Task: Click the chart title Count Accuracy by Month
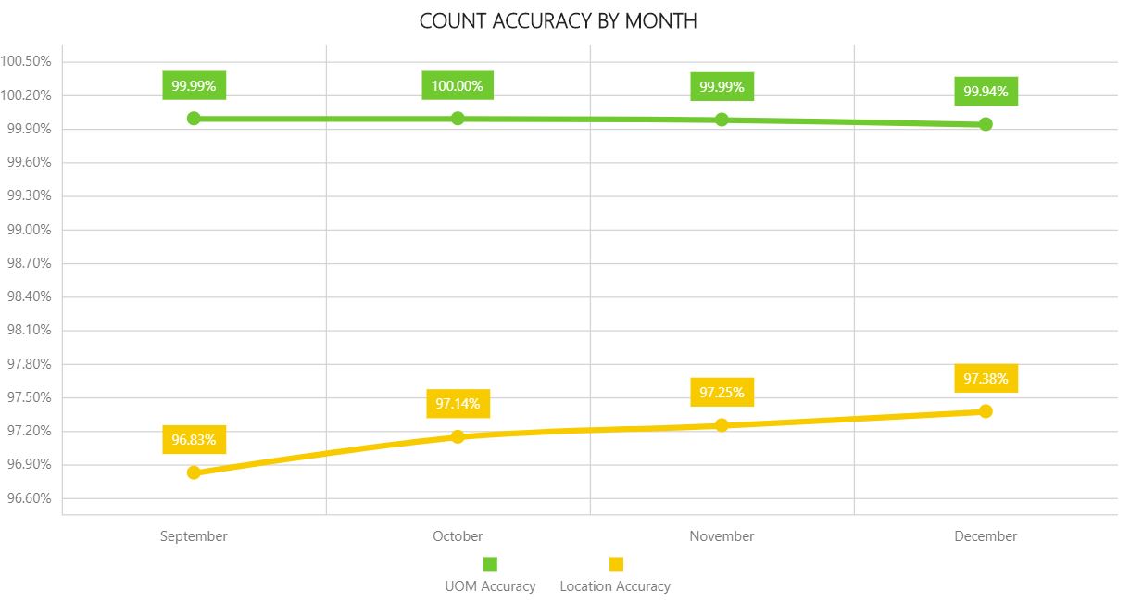[558, 20]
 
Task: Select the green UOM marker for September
[194, 118]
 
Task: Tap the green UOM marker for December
[986, 124]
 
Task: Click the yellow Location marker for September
[194, 472]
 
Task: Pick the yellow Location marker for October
[458, 436]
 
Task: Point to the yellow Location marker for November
[722, 425]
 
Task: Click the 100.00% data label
[458, 86]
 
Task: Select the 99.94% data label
[986, 92]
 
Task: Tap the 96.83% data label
[194, 439]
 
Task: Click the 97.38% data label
[986, 378]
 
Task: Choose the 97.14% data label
[458, 404]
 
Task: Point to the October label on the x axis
[458, 536]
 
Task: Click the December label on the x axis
[986, 536]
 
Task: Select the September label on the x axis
[194, 536]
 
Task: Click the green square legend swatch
[490, 564]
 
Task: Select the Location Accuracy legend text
[615, 586]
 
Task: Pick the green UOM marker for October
[458, 118]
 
